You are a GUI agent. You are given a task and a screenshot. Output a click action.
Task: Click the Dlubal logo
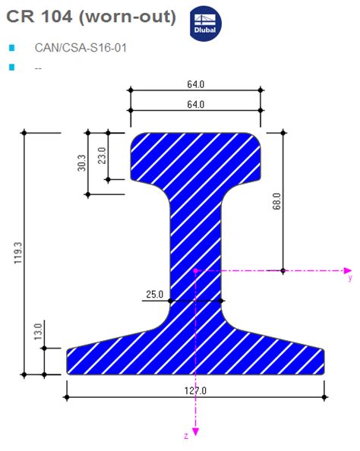pos(204,23)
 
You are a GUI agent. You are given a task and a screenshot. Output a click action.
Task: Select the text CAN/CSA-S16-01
pos(81,48)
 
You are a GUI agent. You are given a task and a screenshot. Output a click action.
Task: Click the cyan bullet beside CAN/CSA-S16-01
pos(11,48)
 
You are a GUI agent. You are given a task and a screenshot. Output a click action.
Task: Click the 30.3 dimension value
pos(81,163)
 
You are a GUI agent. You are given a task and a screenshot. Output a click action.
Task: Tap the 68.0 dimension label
pos(276,201)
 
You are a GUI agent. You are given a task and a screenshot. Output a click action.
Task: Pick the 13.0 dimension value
pos(37,333)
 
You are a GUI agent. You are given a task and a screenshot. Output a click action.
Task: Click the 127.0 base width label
pos(195,390)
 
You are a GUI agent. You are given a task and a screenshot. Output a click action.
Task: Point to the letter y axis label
pos(350,279)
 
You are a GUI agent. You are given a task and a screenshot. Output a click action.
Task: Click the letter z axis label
pos(185,436)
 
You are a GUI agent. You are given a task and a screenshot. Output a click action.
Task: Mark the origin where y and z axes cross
pos(195,270)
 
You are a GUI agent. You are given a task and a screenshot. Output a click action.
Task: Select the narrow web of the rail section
pos(195,243)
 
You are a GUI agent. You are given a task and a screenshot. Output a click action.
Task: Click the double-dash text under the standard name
pos(38,68)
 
